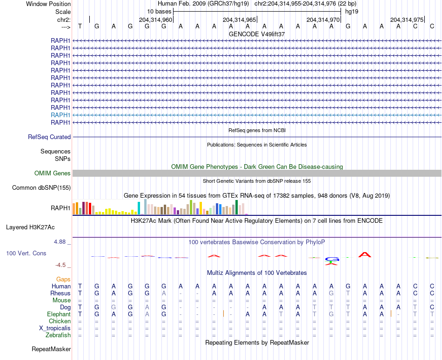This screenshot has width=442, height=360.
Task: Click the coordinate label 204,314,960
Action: point(155,20)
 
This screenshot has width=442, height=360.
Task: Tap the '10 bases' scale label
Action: point(159,11)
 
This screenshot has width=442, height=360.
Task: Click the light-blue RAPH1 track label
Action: point(60,115)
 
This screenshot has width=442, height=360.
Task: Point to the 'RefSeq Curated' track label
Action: point(49,137)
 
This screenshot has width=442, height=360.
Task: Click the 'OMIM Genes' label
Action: point(53,173)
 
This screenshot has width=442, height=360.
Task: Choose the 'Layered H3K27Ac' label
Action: point(30,227)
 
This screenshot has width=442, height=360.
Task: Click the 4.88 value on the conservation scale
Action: point(60,242)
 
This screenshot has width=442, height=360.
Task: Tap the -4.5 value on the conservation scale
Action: point(60,265)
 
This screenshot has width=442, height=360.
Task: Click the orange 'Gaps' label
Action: point(63,279)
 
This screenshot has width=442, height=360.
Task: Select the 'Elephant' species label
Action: point(59,314)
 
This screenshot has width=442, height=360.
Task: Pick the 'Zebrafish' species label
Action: point(58,335)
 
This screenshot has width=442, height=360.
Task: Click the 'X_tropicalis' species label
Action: point(55,328)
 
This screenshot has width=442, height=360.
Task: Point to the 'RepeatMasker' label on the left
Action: point(51,349)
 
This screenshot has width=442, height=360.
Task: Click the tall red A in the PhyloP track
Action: point(365,254)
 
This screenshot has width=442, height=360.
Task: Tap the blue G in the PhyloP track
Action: point(332,259)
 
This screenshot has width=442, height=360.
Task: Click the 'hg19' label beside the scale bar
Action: point(352,11)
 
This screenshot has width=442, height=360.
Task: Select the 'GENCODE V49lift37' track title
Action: point(257,34)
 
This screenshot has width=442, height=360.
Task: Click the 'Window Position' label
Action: point(48,4)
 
